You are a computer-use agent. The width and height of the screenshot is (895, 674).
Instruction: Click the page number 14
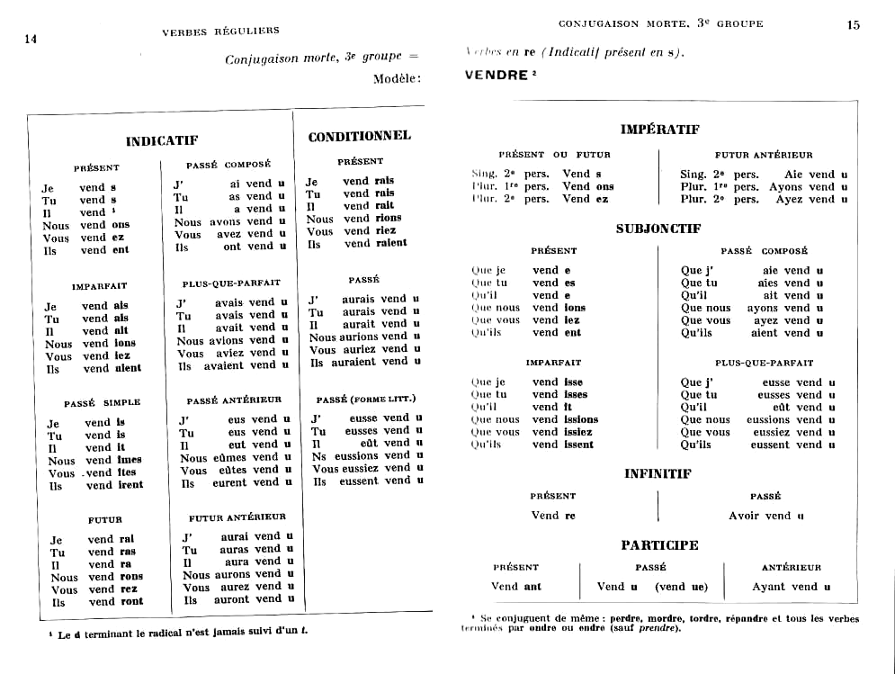[x=31, y=38]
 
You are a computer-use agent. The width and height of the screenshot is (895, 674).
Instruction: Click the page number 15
[x=854, y=25]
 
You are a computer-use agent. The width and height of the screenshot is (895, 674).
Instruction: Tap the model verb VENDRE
[x=497, y=76]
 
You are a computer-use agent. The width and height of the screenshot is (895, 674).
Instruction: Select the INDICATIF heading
[x=162, y=141]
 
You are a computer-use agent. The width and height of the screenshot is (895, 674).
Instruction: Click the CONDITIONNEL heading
[x=359, y=137]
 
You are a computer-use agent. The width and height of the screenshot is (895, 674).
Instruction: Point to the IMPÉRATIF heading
[x=659, y=130]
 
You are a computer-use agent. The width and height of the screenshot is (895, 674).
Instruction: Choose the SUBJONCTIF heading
[x=658, y=229]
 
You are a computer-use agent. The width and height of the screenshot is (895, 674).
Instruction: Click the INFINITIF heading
[x=658, y=473]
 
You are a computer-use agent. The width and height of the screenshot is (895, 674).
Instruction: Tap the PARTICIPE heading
[x=658, y=545]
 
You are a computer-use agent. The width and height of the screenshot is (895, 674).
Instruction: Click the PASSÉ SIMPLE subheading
[x=102, y=402]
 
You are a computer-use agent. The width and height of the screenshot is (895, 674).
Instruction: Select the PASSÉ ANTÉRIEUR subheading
[x=234, y=400]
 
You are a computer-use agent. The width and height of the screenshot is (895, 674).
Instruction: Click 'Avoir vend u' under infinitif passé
[x=765, y=516]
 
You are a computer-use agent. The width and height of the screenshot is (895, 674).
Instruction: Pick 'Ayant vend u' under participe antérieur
[x=791, y=587]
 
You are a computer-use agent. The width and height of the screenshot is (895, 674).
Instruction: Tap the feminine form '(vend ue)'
[x=681, y=587]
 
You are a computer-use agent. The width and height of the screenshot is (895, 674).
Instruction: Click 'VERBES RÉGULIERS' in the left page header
[x=220, y=31]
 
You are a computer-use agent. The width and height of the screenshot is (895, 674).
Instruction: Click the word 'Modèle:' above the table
[x=397, y=79]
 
